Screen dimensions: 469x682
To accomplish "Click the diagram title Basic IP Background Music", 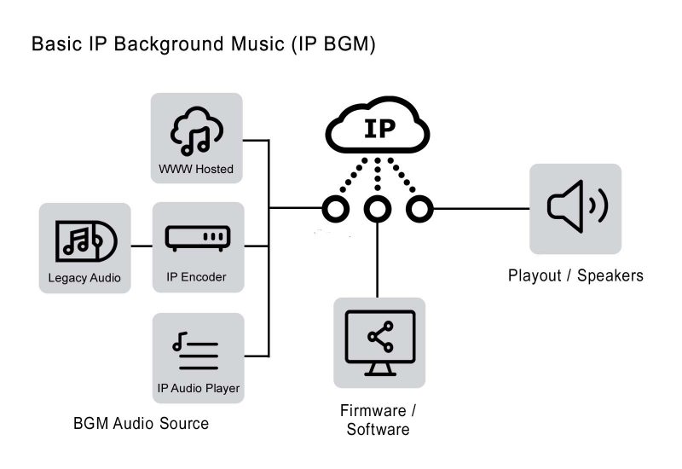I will pyautogui.click(x=203, y=44).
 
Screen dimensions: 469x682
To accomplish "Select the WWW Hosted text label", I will pyautogui.click(x=196, y=169).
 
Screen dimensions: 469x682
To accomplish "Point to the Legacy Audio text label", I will pyautogui.click(x=84, y=278).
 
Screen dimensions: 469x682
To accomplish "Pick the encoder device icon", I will pyautogui.click(x=197, y=238).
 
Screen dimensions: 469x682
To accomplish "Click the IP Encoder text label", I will pyautogui.click(x=196, y=278).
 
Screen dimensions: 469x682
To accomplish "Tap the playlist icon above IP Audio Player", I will pyautogui.click(x=196, y=350).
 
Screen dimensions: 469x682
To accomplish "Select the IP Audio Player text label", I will pyautogui.click(x=198, y=389).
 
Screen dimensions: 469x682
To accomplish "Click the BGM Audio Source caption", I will pyautogui.click(x=141, y=423).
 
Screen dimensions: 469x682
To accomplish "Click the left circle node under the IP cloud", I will pyautogui.click(x=336, y=208).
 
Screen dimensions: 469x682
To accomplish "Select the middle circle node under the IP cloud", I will pyautogui.click(x=376, y=208).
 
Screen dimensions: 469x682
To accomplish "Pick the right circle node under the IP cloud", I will pyautogui.click(x=416, y=208).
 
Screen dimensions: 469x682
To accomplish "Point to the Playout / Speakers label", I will pyautogui.click(x=575, y=275).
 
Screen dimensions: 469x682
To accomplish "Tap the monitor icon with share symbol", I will pyautogui.click(x=379, y=340).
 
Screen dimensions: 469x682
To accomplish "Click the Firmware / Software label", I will pyautogui.click(x=378, y=420).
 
